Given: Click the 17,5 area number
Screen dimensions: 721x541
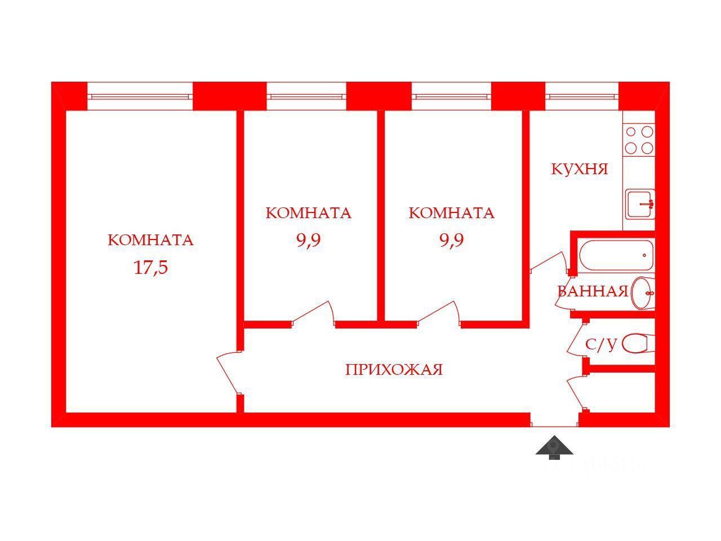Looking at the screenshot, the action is [x=151, y=267].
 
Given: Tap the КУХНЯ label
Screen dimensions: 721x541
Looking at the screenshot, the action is [x=579, y=169].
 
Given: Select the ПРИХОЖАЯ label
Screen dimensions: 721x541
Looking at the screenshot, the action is [x=394, y=370].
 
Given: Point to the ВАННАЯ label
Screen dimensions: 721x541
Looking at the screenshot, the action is [x=592, y=291].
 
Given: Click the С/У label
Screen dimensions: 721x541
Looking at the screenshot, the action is [x=601, y=345].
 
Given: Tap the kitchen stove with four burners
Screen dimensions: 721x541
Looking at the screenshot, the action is [x=639, y=140].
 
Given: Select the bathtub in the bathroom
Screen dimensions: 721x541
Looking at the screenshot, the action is [x=616, y=255].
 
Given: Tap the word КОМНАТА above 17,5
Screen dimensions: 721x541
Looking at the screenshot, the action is [x=150, y=240].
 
